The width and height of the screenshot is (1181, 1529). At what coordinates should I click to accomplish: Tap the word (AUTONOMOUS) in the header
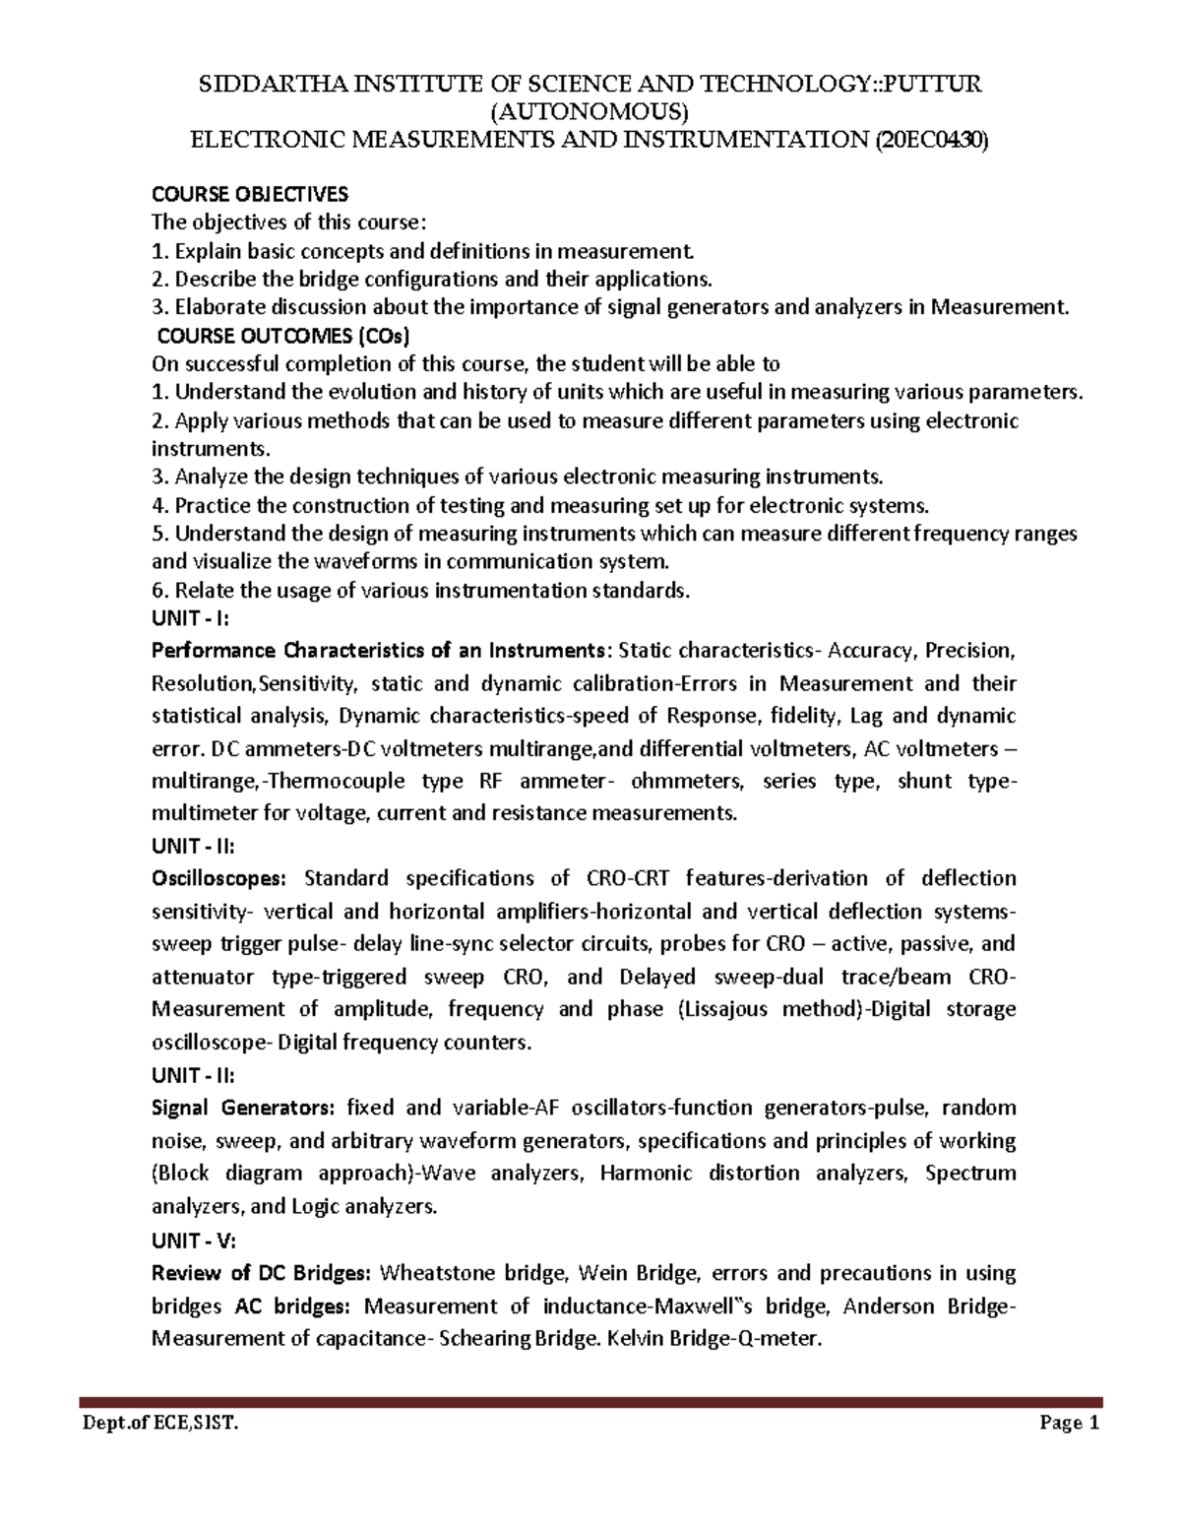(x=590, y=111)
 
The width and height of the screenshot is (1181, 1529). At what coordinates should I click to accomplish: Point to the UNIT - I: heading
(x=190, y=619)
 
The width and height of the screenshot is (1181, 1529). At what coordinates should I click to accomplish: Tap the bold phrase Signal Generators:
(x=243, y=1108)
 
